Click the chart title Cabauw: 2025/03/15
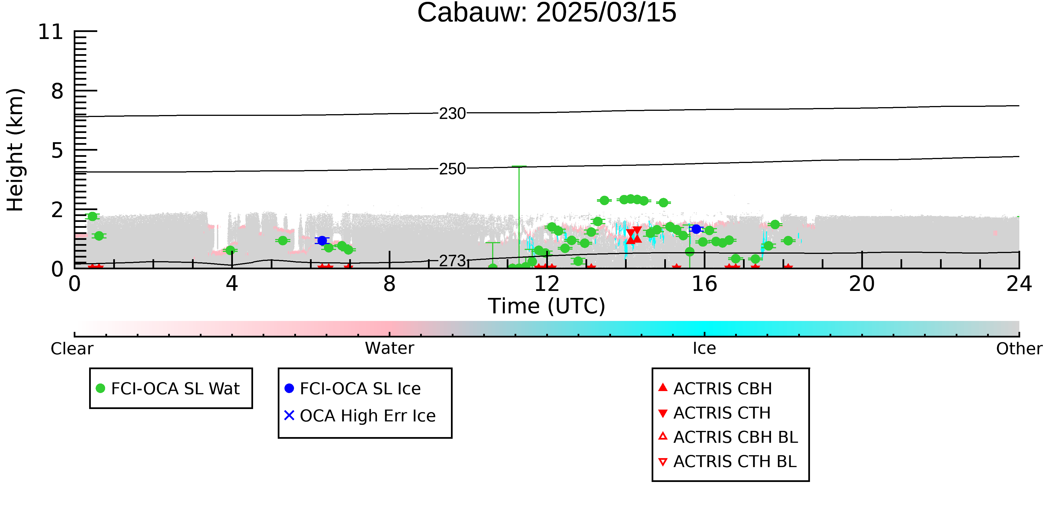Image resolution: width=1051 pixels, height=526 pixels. [x=547, y=13]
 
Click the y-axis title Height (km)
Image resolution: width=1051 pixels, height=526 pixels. [x=15, y=150]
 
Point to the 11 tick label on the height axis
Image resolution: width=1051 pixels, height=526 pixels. [x=51, y=32]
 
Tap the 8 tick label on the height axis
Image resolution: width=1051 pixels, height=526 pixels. [x=57, y=91]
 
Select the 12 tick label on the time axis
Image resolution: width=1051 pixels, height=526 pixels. [x=547, y=284]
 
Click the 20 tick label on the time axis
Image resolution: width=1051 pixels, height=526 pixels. [x=862, y=284]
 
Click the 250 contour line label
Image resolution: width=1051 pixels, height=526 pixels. [x=452, y=169]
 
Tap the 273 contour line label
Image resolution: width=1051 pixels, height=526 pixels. [x=452, y=261]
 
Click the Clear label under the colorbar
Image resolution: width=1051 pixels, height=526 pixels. [x=72, y=349]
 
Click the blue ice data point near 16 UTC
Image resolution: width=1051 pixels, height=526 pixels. [x=696, y=229]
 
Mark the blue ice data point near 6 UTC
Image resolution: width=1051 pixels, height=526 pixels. [x=322, y=240]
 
